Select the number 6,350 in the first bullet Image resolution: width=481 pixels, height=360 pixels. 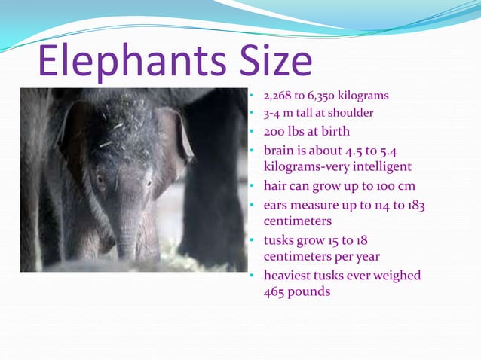coord(320,96)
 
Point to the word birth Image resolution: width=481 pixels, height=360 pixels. coord(335,131)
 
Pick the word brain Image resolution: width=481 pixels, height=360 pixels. coord(280,150)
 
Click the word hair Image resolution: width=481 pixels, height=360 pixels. coord(276,185)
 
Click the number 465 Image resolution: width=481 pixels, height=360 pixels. coord(275,291)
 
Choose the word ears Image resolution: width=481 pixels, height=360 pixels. coord(277,204)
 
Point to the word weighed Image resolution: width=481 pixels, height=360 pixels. coord(394,275)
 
